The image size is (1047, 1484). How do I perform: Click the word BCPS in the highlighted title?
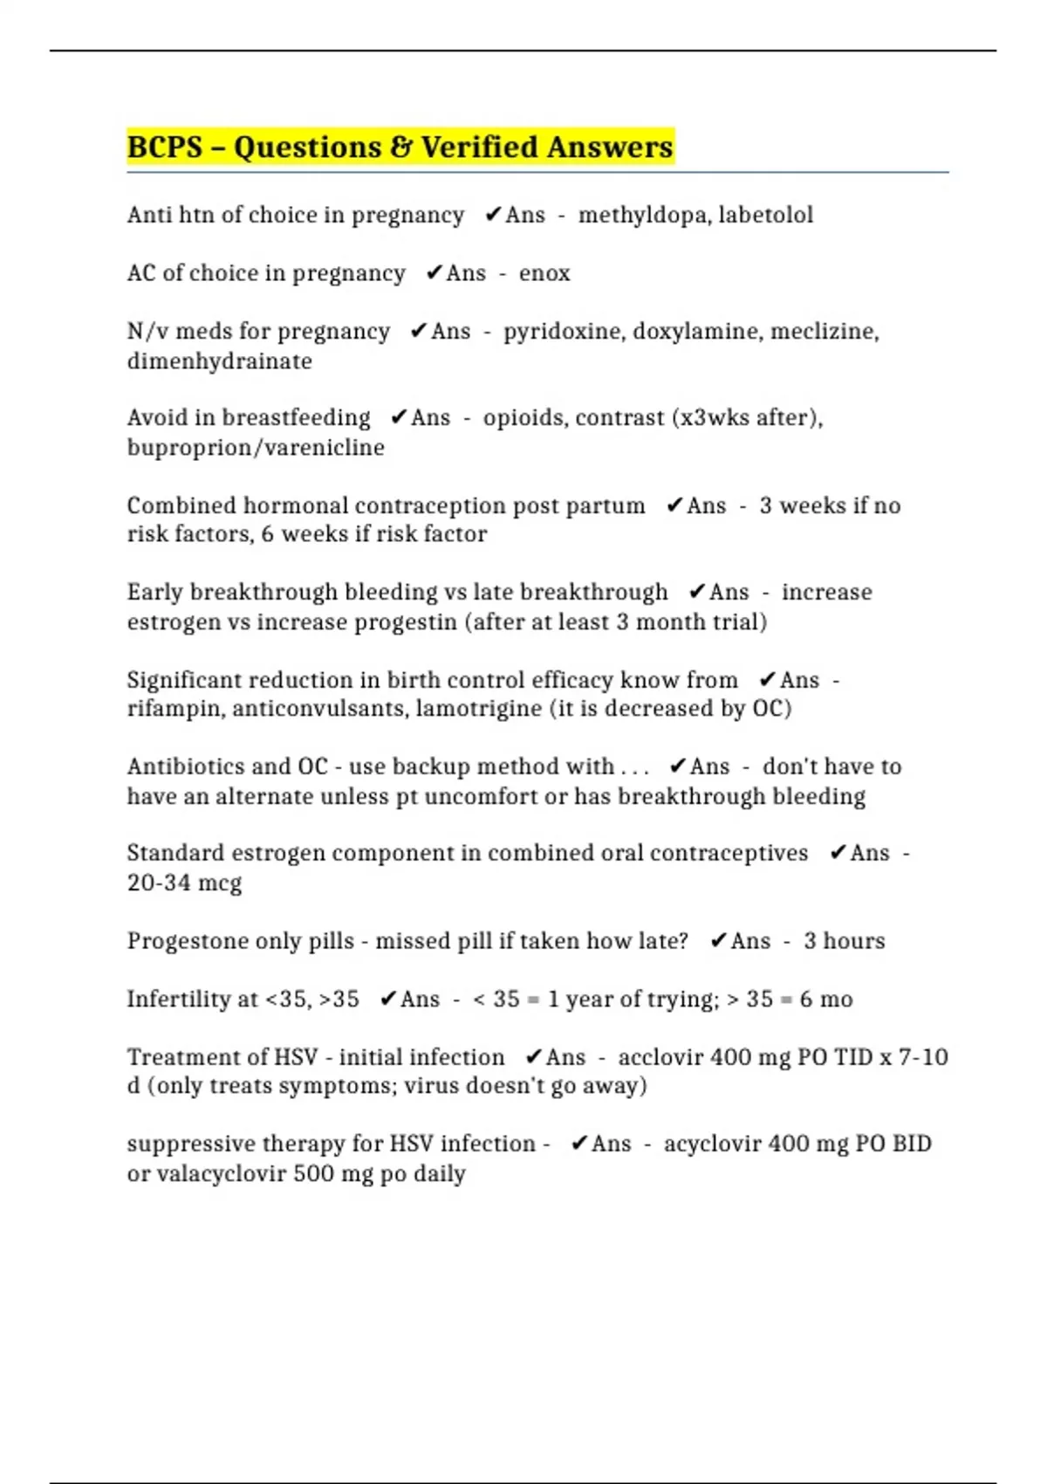pos(165,147)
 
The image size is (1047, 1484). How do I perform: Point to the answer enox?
pos(544,273)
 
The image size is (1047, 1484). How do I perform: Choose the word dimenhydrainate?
pos(219,361)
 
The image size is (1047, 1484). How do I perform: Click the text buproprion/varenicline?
pos(256,448)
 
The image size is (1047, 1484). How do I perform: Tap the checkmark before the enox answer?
pos(434,273)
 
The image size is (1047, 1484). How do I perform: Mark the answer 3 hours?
pos(844,941)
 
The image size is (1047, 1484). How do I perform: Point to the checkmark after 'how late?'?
pos(718,941)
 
